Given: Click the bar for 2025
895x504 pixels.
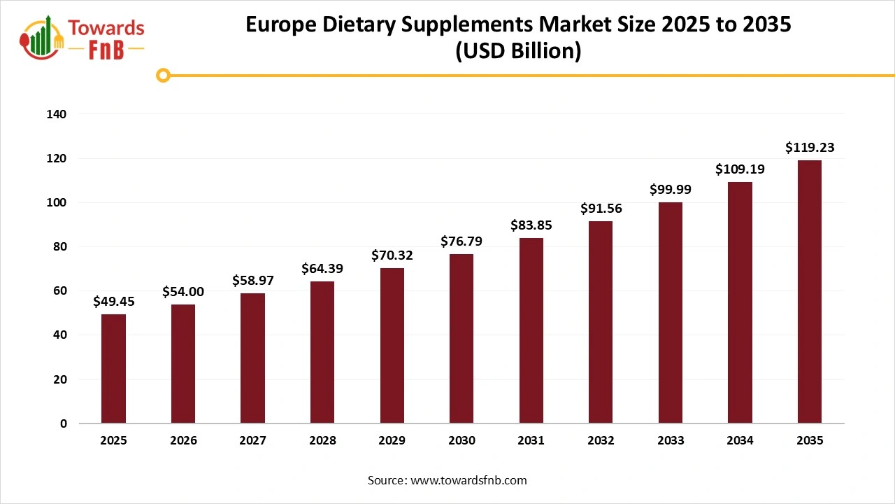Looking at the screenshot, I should tap(113, 369).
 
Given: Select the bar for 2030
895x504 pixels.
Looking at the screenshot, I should tap(461, 339).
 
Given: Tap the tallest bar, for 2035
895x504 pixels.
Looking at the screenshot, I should tap(810, 292).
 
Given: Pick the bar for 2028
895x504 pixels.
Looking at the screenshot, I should tap(322, 352).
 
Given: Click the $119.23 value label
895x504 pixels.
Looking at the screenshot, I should tap(810, 148).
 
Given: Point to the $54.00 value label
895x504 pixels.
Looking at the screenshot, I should tap(183, 292).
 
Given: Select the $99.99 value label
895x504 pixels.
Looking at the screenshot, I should tap(671, 190).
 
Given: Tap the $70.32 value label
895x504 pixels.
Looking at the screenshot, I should tap(392, 255).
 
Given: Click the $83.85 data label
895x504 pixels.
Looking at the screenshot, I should tap(531, 225).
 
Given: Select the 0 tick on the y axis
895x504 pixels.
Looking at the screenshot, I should tap(64, 423).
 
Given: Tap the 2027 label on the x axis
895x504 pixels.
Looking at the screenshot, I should tap(252, 441).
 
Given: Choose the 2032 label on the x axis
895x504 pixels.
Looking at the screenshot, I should tap(601, 441).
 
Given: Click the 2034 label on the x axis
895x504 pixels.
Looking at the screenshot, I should tap(740, 441).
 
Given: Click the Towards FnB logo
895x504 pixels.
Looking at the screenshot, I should tap(83, 38).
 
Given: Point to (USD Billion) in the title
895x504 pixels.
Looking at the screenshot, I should tap(517, 52).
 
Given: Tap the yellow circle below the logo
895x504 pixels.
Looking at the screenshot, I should tap(164, 75).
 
